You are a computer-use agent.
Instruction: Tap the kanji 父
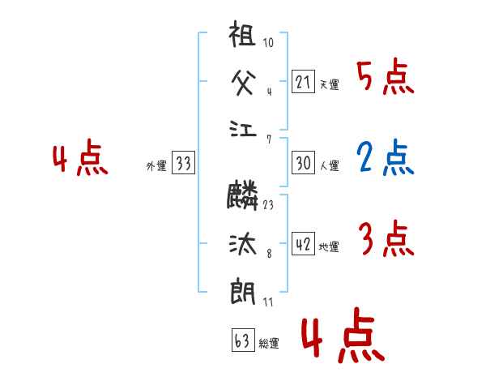pyautogui.click(x=243, y=82)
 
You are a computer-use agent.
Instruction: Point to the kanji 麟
pyautogui.click(x=243, y=195)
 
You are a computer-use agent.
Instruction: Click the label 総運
pyautogui.click(x=269, y=344)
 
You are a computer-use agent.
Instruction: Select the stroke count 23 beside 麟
pyautogui.click(x=268, y=204)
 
